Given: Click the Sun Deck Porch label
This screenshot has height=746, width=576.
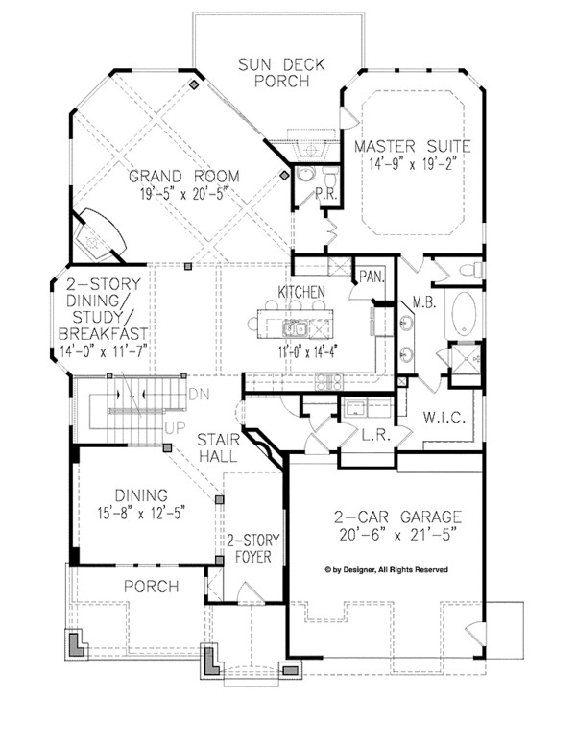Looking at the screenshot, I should (282, 73).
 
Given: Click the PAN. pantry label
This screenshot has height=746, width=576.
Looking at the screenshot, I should (371, 277).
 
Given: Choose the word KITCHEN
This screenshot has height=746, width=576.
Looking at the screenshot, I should (300, 291).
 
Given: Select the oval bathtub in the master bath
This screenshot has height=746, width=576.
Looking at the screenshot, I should (464, 321).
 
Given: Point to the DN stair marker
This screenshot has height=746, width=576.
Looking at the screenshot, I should (199, 394).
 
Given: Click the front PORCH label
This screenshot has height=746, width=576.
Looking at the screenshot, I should (150, 586).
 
